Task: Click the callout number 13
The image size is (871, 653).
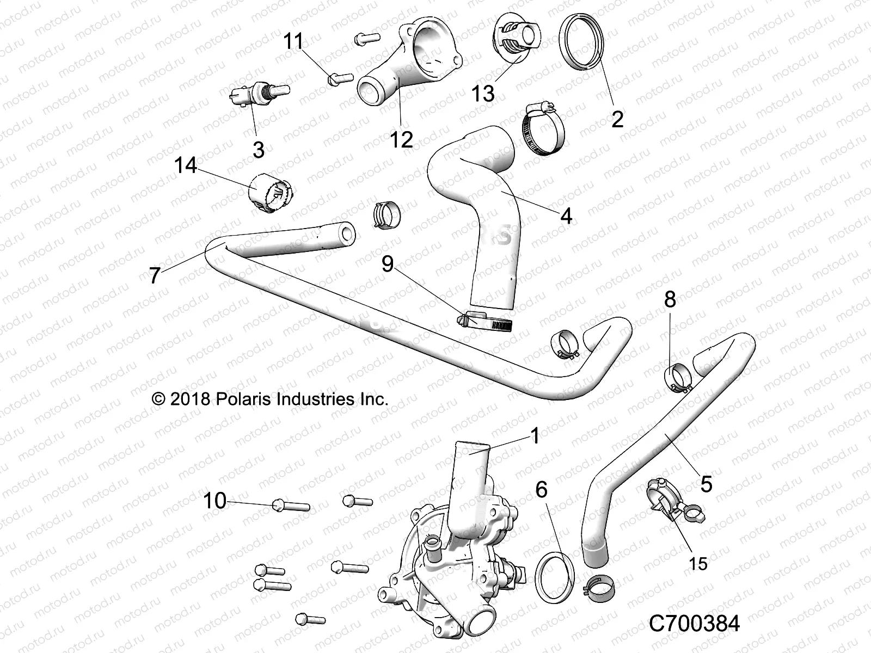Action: (483, 93)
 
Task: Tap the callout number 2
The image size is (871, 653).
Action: (617, 118)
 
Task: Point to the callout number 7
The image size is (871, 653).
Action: (155, 276)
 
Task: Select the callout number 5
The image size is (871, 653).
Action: (706, 484)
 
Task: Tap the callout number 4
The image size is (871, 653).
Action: (566, 216)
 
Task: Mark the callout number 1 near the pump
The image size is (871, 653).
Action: (535, 435)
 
